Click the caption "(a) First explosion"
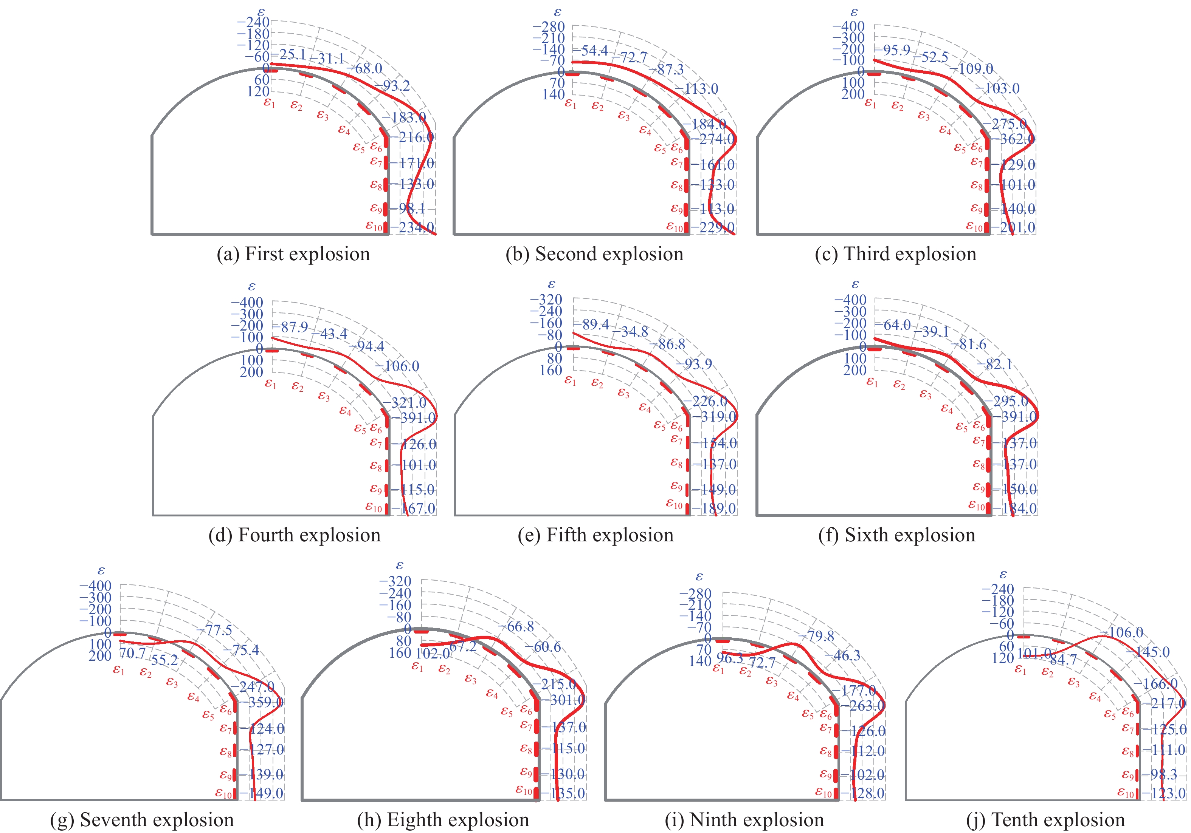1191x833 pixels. [293, 254]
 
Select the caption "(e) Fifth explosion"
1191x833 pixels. [595, 535]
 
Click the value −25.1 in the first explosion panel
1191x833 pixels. [292, 54]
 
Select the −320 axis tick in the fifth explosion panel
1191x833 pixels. [546, 300]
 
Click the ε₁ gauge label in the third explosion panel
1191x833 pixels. [870, 104]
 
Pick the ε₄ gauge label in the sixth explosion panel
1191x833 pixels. [947, 409]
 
